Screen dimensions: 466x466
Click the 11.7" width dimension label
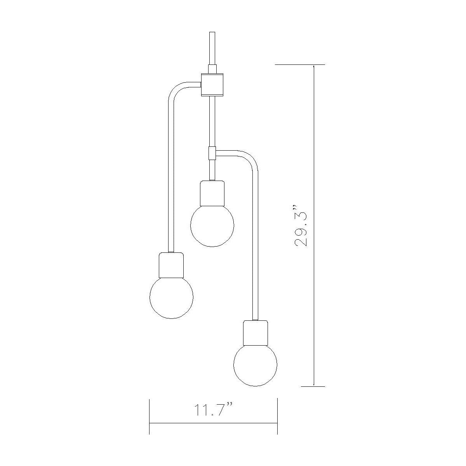pos(213,410)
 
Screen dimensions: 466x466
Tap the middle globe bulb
pos(212,225)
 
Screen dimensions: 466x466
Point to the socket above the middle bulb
pos(212,193)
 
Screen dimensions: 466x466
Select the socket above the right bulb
pos(255,332)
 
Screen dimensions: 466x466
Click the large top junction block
pos(212,84)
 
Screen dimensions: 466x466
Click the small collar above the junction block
pos(212,69)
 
